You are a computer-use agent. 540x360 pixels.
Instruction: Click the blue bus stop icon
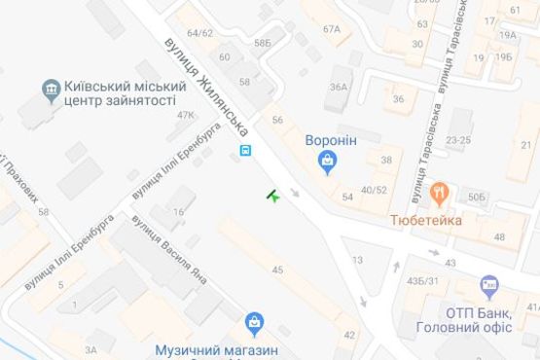click(x=246, y=150)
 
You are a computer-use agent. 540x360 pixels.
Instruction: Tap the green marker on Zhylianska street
click(x=273, y=198)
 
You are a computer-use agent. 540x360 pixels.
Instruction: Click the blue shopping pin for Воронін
click(x=328, y=162)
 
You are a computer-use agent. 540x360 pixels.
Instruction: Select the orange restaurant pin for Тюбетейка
click(x=440, y=194)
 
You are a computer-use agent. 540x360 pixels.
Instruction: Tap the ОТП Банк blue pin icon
click(x=488, y=286)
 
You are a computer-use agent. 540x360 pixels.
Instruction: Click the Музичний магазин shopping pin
click(x=255, y=321)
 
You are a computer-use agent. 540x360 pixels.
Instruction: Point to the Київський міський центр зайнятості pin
click(x=51, y=92)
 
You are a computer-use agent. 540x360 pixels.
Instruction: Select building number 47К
click(x=185, y=115)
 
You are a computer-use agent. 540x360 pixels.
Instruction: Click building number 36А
click(x=338, y=88)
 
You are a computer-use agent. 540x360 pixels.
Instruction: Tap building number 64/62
click(x=200, y=33)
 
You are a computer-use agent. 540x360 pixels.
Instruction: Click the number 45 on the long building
click(x=277, y=269)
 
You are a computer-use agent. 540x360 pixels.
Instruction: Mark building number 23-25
click(x=458, y=140)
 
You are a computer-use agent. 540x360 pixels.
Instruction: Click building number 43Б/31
click(x=421, y=282)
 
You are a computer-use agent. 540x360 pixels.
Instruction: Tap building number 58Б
click(x=262, y=44)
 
